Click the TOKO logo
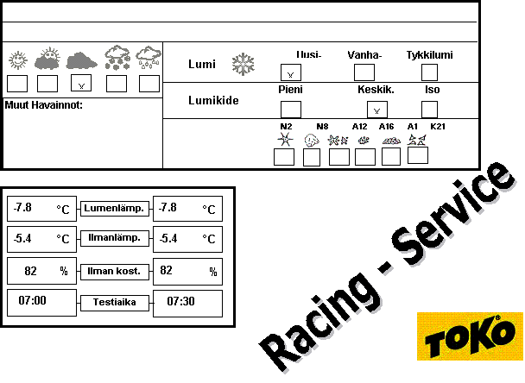pos(470,336)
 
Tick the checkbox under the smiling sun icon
pos(17,84)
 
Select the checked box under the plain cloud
pos(81,83)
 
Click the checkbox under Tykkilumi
pos(429,72)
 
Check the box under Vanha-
pos(364,72)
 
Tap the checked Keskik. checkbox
pos(377,110)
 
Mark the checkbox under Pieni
pos(291,110)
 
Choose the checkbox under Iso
pos(429,110)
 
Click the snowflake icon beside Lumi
pos(244,64)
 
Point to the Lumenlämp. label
pos(115,209)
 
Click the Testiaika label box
pos(115,303)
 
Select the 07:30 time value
pos(180,301)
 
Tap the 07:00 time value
pos(33,300)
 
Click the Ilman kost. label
pos(114,271)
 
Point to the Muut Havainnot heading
pos(43,105)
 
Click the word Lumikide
pos(213,100)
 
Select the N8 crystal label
pos(322,127)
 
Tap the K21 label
pos(438,127)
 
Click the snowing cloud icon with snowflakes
pos(117,58)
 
